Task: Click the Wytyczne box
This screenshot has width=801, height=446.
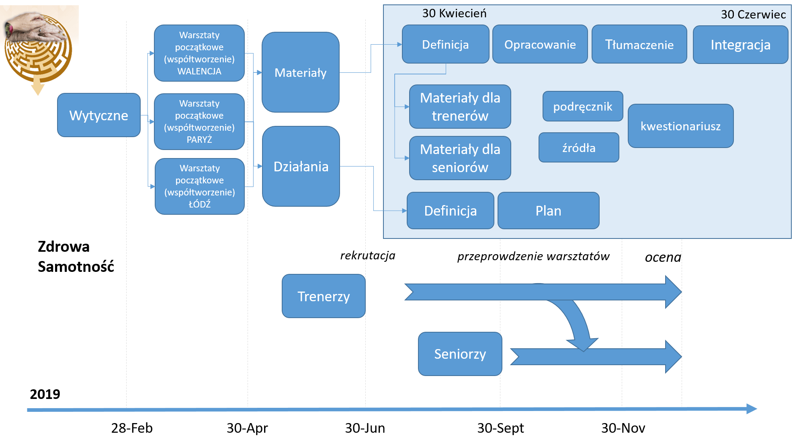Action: point(99,115)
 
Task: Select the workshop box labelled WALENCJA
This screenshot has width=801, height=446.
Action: point(199,53)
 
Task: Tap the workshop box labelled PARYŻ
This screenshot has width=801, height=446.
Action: point(199,121)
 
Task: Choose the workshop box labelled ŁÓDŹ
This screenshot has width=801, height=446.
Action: point(200,186)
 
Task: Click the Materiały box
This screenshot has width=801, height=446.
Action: point(301,72)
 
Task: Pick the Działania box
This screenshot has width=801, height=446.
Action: point(301,166)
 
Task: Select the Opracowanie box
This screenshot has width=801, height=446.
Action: point(540,44)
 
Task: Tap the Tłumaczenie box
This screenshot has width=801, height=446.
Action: point(639,44)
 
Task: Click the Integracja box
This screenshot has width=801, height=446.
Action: point(740,45)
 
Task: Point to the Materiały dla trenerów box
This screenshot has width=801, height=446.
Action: point(460,107)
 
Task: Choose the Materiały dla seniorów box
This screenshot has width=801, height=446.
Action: point(460,158)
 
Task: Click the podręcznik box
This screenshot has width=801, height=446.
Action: point(583,106)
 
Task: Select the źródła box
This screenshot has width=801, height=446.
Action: point(579,148)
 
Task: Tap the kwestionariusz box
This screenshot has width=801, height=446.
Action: point(680,126)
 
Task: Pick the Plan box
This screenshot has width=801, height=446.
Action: point(548,211)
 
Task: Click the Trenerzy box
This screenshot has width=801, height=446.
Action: point(324,296)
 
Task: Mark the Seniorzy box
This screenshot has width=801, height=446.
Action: point(460,354)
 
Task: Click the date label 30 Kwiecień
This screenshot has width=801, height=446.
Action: point(454,13)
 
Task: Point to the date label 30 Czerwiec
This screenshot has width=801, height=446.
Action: point(753,14)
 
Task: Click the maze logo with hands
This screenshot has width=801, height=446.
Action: point(39,50)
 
